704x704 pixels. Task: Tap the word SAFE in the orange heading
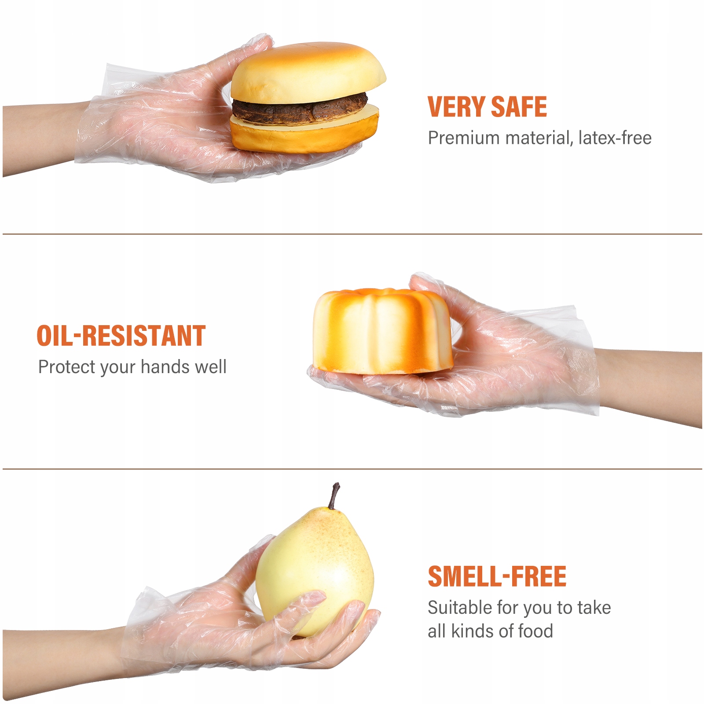click(x=519, y=107)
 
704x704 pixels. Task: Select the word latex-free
click(x=615, y=138)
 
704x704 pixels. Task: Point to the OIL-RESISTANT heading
click(x=121, y=336)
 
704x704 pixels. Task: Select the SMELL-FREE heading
click(x=497, y=576)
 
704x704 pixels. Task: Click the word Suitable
click(x=460, y=608)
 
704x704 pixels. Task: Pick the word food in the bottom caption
click(x=535, y=631)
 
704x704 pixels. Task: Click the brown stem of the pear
click(x=334, y=496)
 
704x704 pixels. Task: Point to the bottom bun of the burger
click(x=304, y=130)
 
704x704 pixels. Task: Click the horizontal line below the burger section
click(x=352, y=234)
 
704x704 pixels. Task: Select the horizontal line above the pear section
click(x=352, y=469)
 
